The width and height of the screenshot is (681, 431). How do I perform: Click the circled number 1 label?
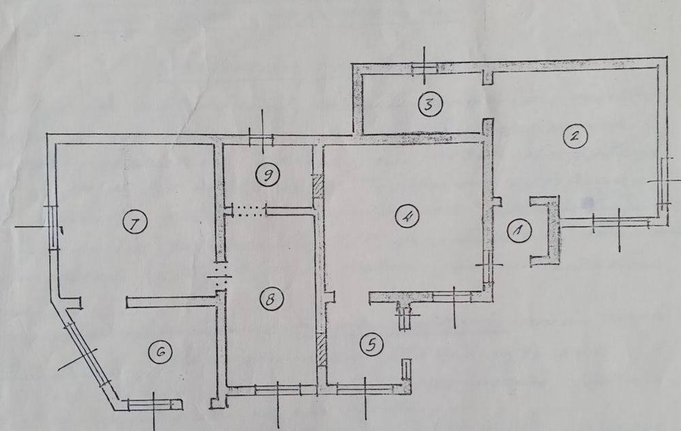tap(519, 230)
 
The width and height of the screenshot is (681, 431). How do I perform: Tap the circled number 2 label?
tap(575, 136)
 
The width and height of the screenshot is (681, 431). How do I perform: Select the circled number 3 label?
tap(430, 104)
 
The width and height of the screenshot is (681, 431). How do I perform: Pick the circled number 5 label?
tap(371, 344)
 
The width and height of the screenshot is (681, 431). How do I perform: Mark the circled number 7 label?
tap(135, 223)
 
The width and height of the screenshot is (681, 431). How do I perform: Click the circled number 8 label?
tap(272, 299)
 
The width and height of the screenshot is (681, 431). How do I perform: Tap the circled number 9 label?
tap(268, 175)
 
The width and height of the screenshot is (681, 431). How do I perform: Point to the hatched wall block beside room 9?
tap(318, 186)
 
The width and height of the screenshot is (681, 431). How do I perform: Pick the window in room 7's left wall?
tap(52, 227)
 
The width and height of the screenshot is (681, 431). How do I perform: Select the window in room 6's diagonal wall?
tap(87, 355)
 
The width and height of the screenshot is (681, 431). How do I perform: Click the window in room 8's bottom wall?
tap(278, 389)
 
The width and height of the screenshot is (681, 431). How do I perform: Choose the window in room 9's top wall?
tap(261, 139)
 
